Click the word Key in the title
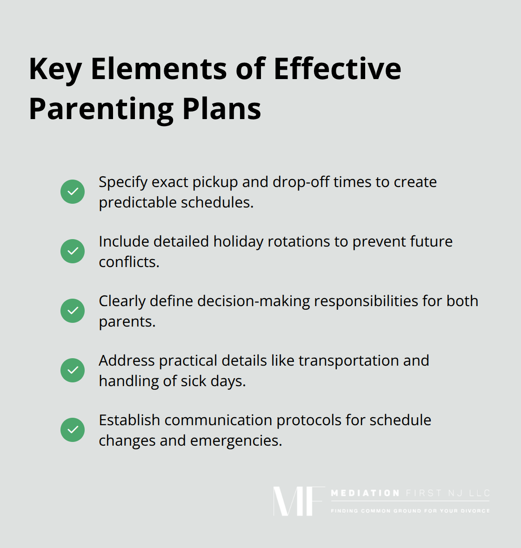pos(55,70)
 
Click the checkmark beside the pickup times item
pos(73,192)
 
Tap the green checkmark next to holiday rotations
pos(73,251)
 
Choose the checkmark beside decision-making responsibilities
pos(73,311)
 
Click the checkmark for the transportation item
pos(73,370)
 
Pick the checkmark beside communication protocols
pos(73,430)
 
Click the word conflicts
pos(129,262)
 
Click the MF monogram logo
pos(298,501)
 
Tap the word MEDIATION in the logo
pos(365,493)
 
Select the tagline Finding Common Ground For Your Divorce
pos(410,511)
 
